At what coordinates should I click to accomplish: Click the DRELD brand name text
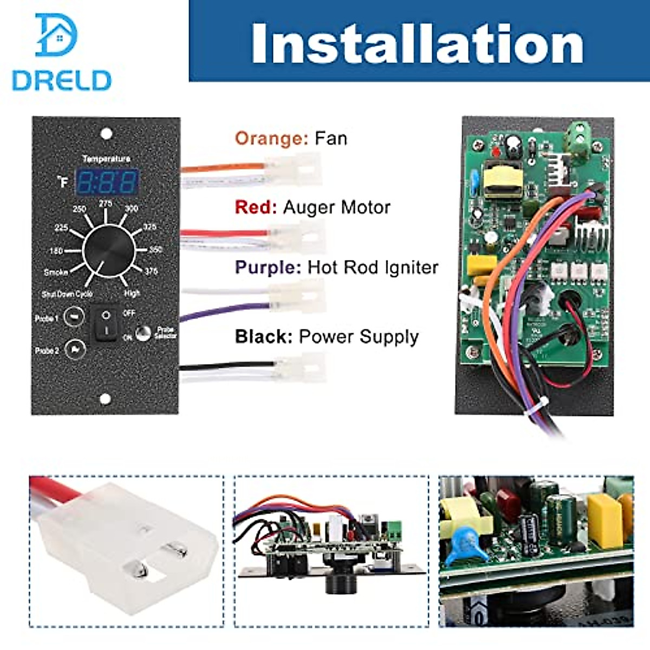click(61, 81)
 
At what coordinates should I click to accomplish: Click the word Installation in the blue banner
click(417, 44)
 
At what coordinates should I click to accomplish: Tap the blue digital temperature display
click(106, 183)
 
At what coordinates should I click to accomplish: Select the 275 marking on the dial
click(106, 204)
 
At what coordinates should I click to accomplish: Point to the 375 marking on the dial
click(151, 271)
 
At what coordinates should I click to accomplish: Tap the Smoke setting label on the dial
click(56, 272)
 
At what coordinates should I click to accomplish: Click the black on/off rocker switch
click(106, 323)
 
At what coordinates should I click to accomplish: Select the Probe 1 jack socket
click(74, 317)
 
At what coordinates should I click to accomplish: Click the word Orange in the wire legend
click(272, 139)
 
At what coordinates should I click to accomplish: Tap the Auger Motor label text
click(336, 207)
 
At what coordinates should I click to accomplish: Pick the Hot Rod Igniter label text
click(373, 268)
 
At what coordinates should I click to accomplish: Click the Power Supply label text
click(359, 337)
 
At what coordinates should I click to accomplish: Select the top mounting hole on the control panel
click(107, 133)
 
